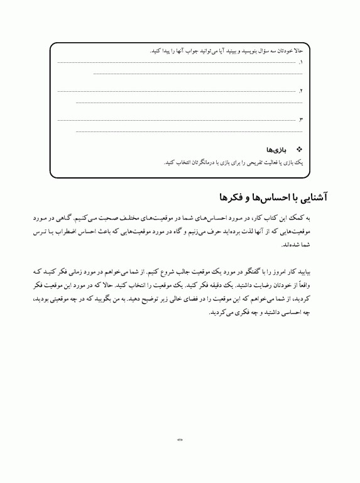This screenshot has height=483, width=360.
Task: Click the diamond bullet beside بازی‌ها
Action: pyautogui.click(x=298, y=151)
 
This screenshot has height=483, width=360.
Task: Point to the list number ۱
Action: pyautogui.click(x=301, y=63)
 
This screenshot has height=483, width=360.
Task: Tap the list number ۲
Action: pyautogui.click(x=301, y=91)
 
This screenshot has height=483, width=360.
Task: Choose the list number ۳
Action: pyautogui.click(x=301, y=119)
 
